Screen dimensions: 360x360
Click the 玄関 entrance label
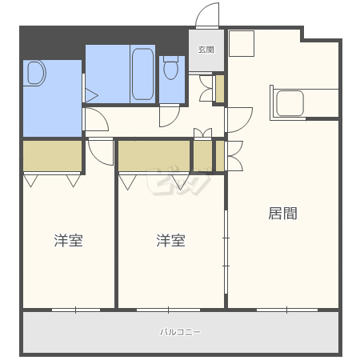tap(206, 50)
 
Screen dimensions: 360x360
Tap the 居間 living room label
tap(282, 214)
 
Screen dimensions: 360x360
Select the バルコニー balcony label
tap(180, 332)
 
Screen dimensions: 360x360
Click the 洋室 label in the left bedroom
tap(69, 241)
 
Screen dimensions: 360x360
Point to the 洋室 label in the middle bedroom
tap(170, 241)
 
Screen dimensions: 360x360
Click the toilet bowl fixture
tap(170, 68)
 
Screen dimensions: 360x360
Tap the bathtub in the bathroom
tap(143, 74)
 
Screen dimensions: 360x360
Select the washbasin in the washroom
tap(35, 73)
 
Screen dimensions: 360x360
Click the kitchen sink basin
tap(290, 103)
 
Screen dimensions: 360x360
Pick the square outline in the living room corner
tap(242, 44)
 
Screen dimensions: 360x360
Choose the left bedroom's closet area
tap(52, 156)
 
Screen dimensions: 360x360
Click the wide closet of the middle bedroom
tap(154, 156)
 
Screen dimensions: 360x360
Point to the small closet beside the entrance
tap(220, 89)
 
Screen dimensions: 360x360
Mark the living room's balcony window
tap(287, 310)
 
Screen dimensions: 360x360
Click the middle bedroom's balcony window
tap(168, 310)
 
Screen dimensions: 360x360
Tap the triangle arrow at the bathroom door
tap(91, 95)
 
